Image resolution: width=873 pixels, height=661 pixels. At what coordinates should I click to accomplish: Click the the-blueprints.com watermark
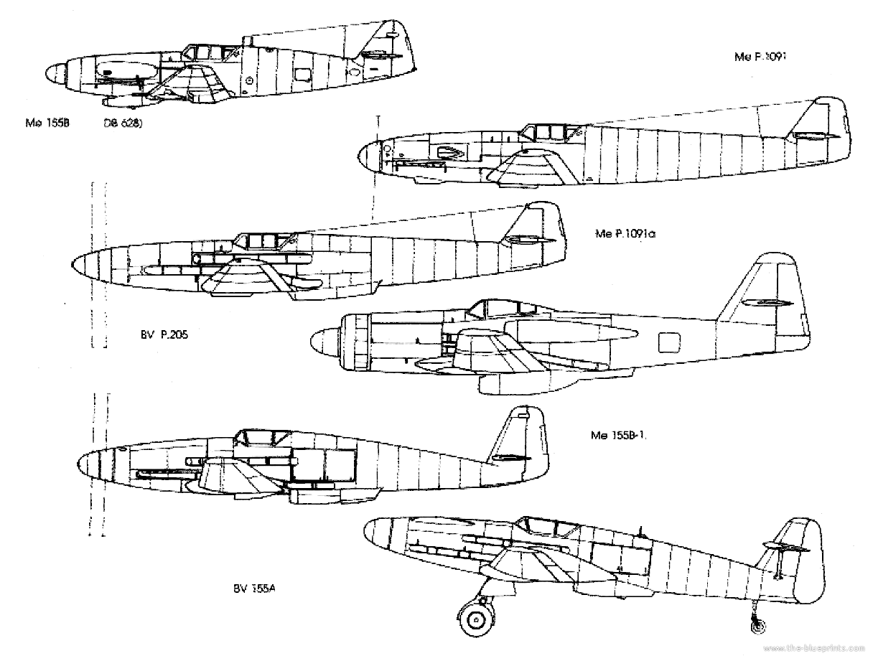(811, 648)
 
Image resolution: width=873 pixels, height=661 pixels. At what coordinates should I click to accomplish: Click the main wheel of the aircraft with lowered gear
(475, 618)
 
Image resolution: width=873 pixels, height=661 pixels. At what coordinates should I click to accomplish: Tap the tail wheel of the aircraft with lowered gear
(756, 626)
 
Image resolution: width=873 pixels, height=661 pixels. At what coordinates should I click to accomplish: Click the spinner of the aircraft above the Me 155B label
(57, 71)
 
